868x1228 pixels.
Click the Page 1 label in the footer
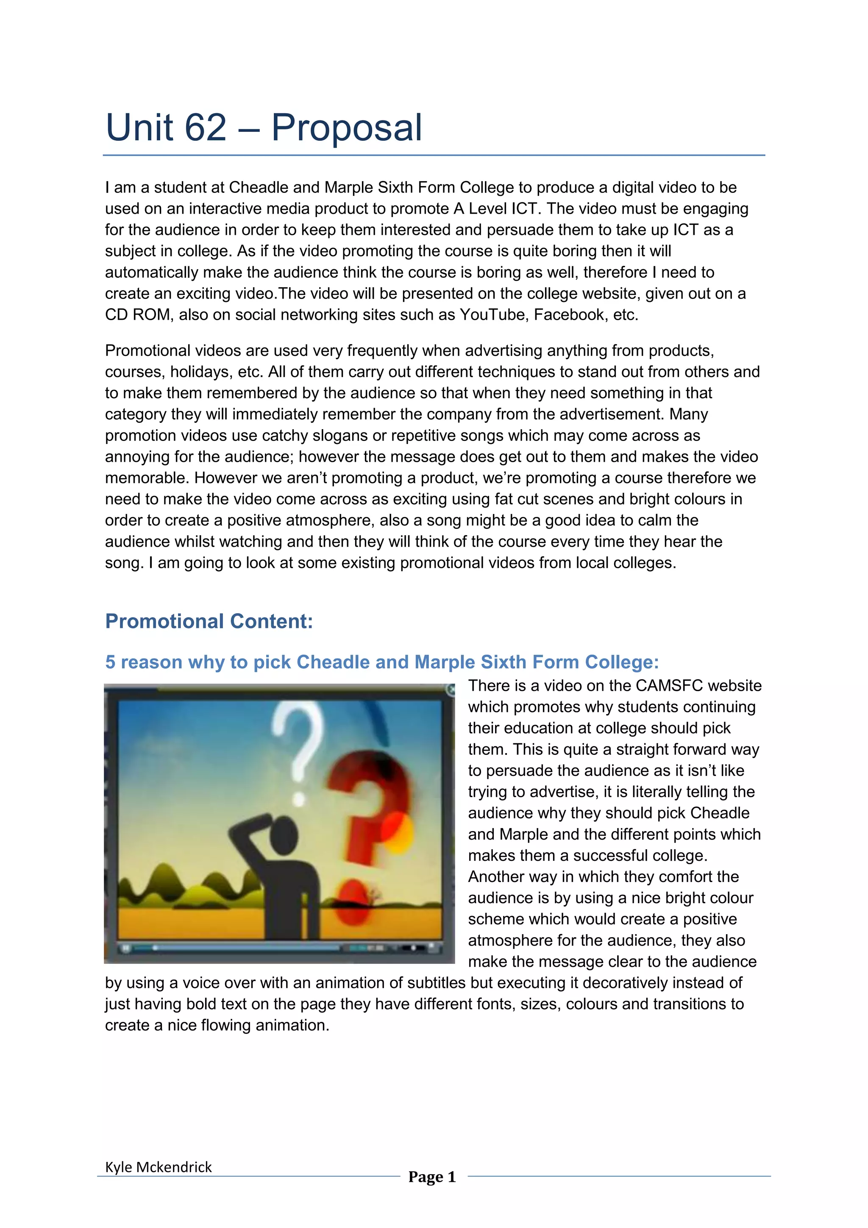point(432,1177)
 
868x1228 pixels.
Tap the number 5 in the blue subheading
point(110,662)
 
